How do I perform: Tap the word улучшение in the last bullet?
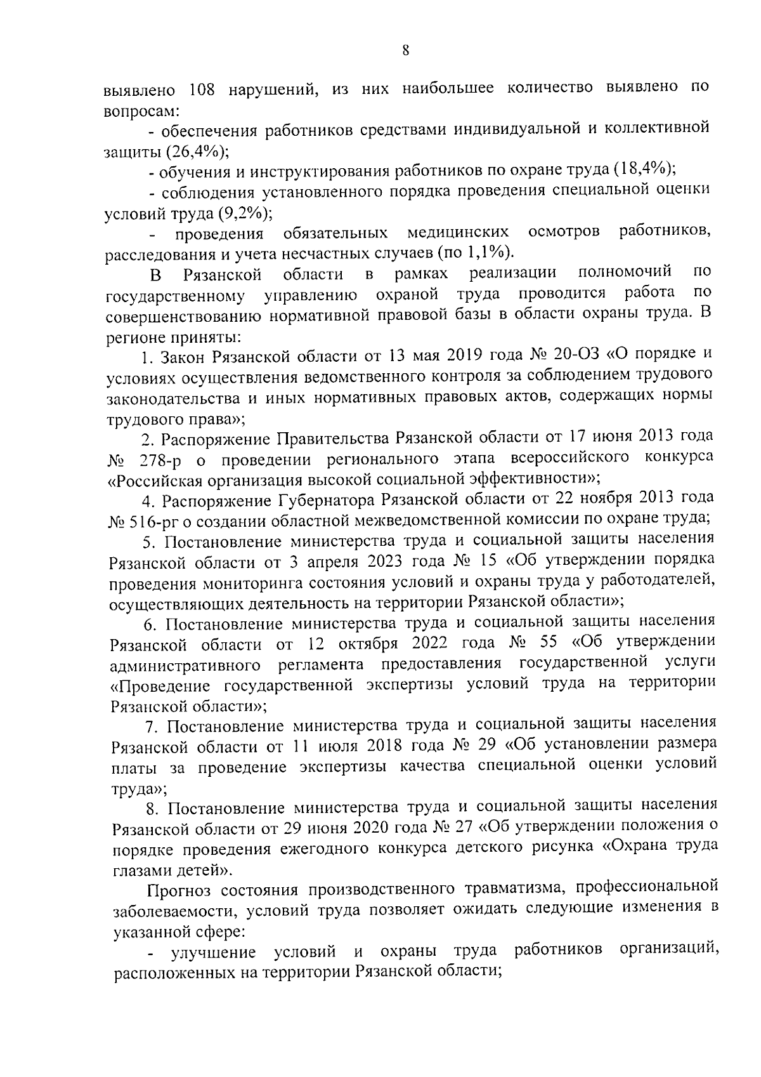[x=213, y=952]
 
